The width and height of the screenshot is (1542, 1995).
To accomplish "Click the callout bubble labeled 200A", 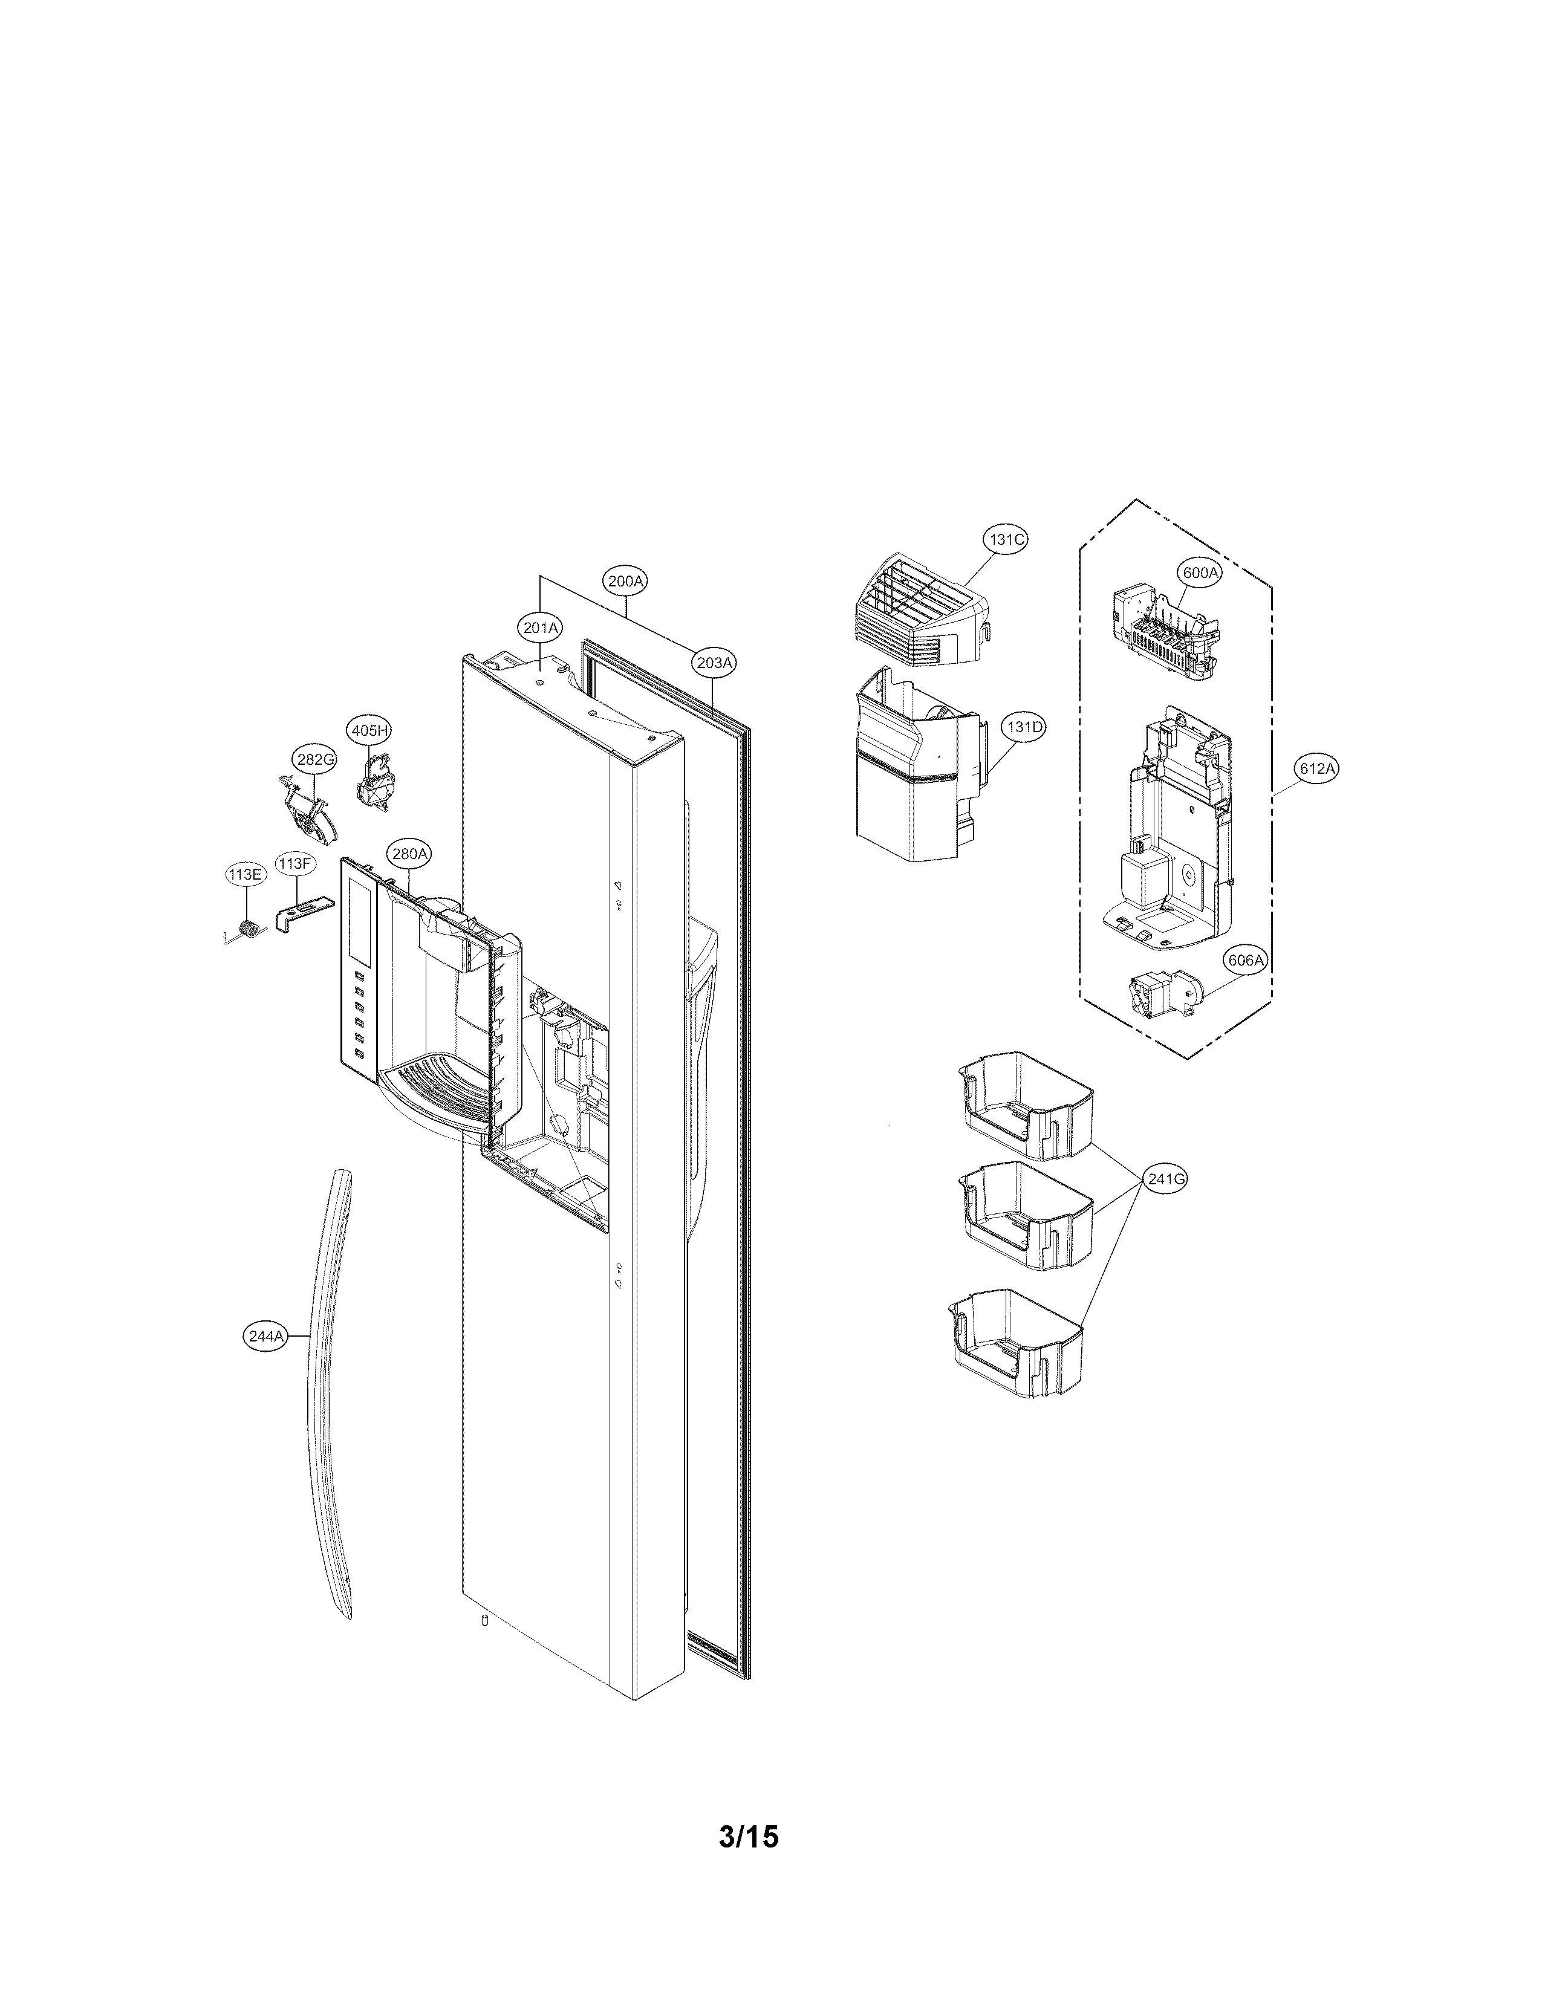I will tap(626, 580).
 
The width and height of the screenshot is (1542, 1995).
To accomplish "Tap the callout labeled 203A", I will tap(714, 662).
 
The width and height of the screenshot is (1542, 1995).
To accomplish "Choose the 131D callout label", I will tap(1023, 727).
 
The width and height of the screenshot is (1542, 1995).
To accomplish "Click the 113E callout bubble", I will tap(245, 874).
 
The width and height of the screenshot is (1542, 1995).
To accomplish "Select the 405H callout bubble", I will tap(370, 730).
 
